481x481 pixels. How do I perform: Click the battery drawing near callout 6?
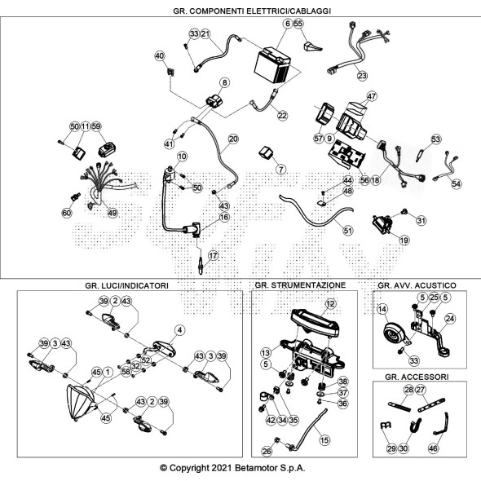(x=272, y=65)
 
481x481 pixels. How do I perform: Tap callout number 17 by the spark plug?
(x=213, y=255)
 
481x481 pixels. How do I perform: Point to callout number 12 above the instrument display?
(x=330, y=304)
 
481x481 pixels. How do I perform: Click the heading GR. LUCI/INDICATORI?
(x=126, y=285)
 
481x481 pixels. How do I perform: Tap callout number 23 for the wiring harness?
(x=362, y=76)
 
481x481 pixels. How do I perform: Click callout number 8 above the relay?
(x=225, y=82)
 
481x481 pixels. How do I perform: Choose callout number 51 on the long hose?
(x=347, y=231)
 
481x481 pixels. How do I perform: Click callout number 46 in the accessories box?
(x=433, y=448)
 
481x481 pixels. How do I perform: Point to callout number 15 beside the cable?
(x=324, y=440)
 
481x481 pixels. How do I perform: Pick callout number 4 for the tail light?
(x=179, y=330)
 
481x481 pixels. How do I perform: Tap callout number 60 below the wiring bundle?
(x=67, y=213)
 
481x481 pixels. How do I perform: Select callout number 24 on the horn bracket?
(x=450, y=319)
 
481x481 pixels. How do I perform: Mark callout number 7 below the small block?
(x=280, y=169)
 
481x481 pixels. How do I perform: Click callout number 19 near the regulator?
(x=404, y=240)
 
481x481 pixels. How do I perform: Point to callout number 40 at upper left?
(x=160, y=55)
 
